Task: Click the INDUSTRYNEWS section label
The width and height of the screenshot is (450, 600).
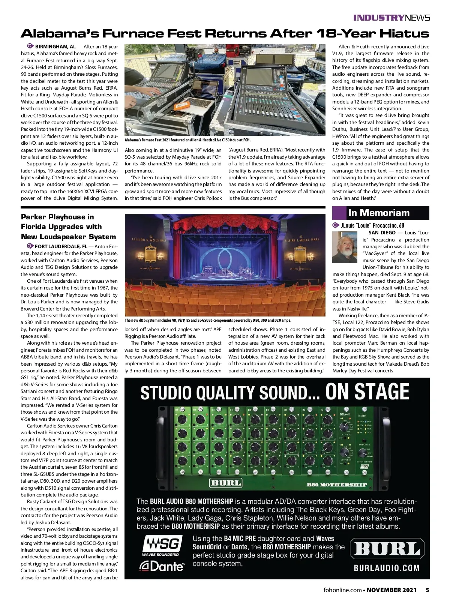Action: (391, 18)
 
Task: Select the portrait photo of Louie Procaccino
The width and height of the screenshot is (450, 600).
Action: (345, 247)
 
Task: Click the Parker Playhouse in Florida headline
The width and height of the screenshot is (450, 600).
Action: (68, 226)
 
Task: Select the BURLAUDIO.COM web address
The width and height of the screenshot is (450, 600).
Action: (387, 568)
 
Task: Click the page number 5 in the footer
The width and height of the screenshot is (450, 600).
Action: (427, 590)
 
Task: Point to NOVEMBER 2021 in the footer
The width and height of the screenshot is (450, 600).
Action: (391, 590)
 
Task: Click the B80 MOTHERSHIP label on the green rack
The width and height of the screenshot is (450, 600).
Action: (336, 485)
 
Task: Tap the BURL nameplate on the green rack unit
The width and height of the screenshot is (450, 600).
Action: (225, 482)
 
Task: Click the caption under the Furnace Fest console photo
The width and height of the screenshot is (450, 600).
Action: (187, 140)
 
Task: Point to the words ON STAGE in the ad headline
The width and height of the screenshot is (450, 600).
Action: (367, 392)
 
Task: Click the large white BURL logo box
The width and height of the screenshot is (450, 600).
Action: (387, 549)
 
